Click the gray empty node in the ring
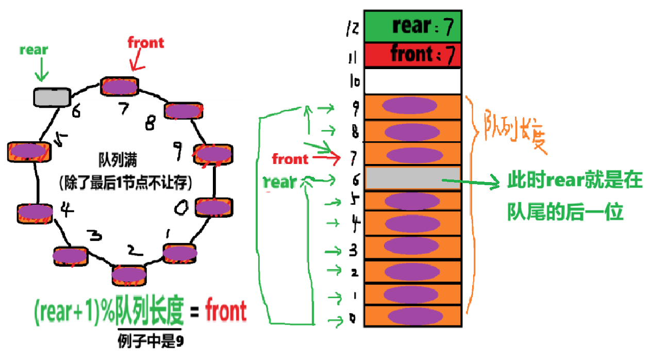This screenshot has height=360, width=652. point(52,96)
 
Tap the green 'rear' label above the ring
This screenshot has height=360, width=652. point(34,50)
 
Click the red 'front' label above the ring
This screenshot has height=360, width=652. point(146,43)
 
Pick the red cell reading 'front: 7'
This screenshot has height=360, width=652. point(412,55)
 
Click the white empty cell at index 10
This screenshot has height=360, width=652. point(412,81)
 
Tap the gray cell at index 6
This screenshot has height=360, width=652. point(412,178)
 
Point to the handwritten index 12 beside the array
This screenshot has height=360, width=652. point(353,29)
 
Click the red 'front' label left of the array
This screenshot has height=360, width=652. point(290,159)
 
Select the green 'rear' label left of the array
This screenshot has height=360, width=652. point(280,182)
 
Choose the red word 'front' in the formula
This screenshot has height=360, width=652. point(226,312)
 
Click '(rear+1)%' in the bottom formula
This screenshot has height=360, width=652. point(74,313)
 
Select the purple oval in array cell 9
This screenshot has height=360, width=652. point(410,105)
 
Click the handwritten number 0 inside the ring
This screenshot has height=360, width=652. point(181,208)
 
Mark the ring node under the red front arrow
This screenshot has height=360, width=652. point(119,86)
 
